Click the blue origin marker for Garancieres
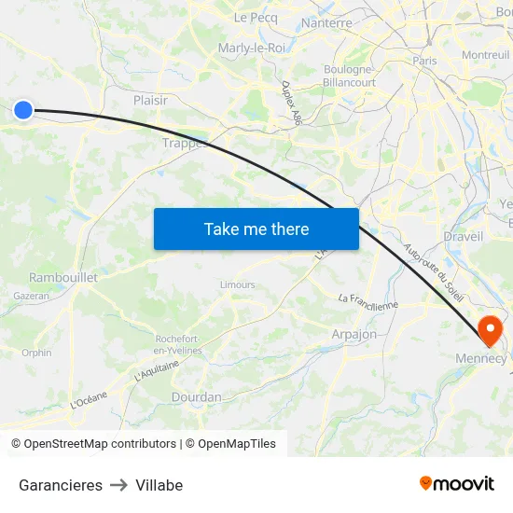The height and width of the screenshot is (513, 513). [23, 110]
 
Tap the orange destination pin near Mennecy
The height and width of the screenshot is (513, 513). [490, 330]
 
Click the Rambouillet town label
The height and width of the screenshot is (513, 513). [63, 277]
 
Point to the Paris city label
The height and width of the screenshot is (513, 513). [424, 61]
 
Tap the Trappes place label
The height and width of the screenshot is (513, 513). [182, 143]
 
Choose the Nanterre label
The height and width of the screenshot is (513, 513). [326, 23]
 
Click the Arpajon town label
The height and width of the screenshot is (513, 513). [354, 334]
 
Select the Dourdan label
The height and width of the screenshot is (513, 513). [196, 396]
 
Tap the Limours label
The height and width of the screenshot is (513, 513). [237, 284]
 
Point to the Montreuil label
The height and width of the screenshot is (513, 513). [485, 55]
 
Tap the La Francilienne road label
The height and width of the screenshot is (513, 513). [367, 299]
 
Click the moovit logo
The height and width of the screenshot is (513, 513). [456, 483]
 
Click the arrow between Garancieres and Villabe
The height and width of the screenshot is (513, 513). [118, 485]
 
